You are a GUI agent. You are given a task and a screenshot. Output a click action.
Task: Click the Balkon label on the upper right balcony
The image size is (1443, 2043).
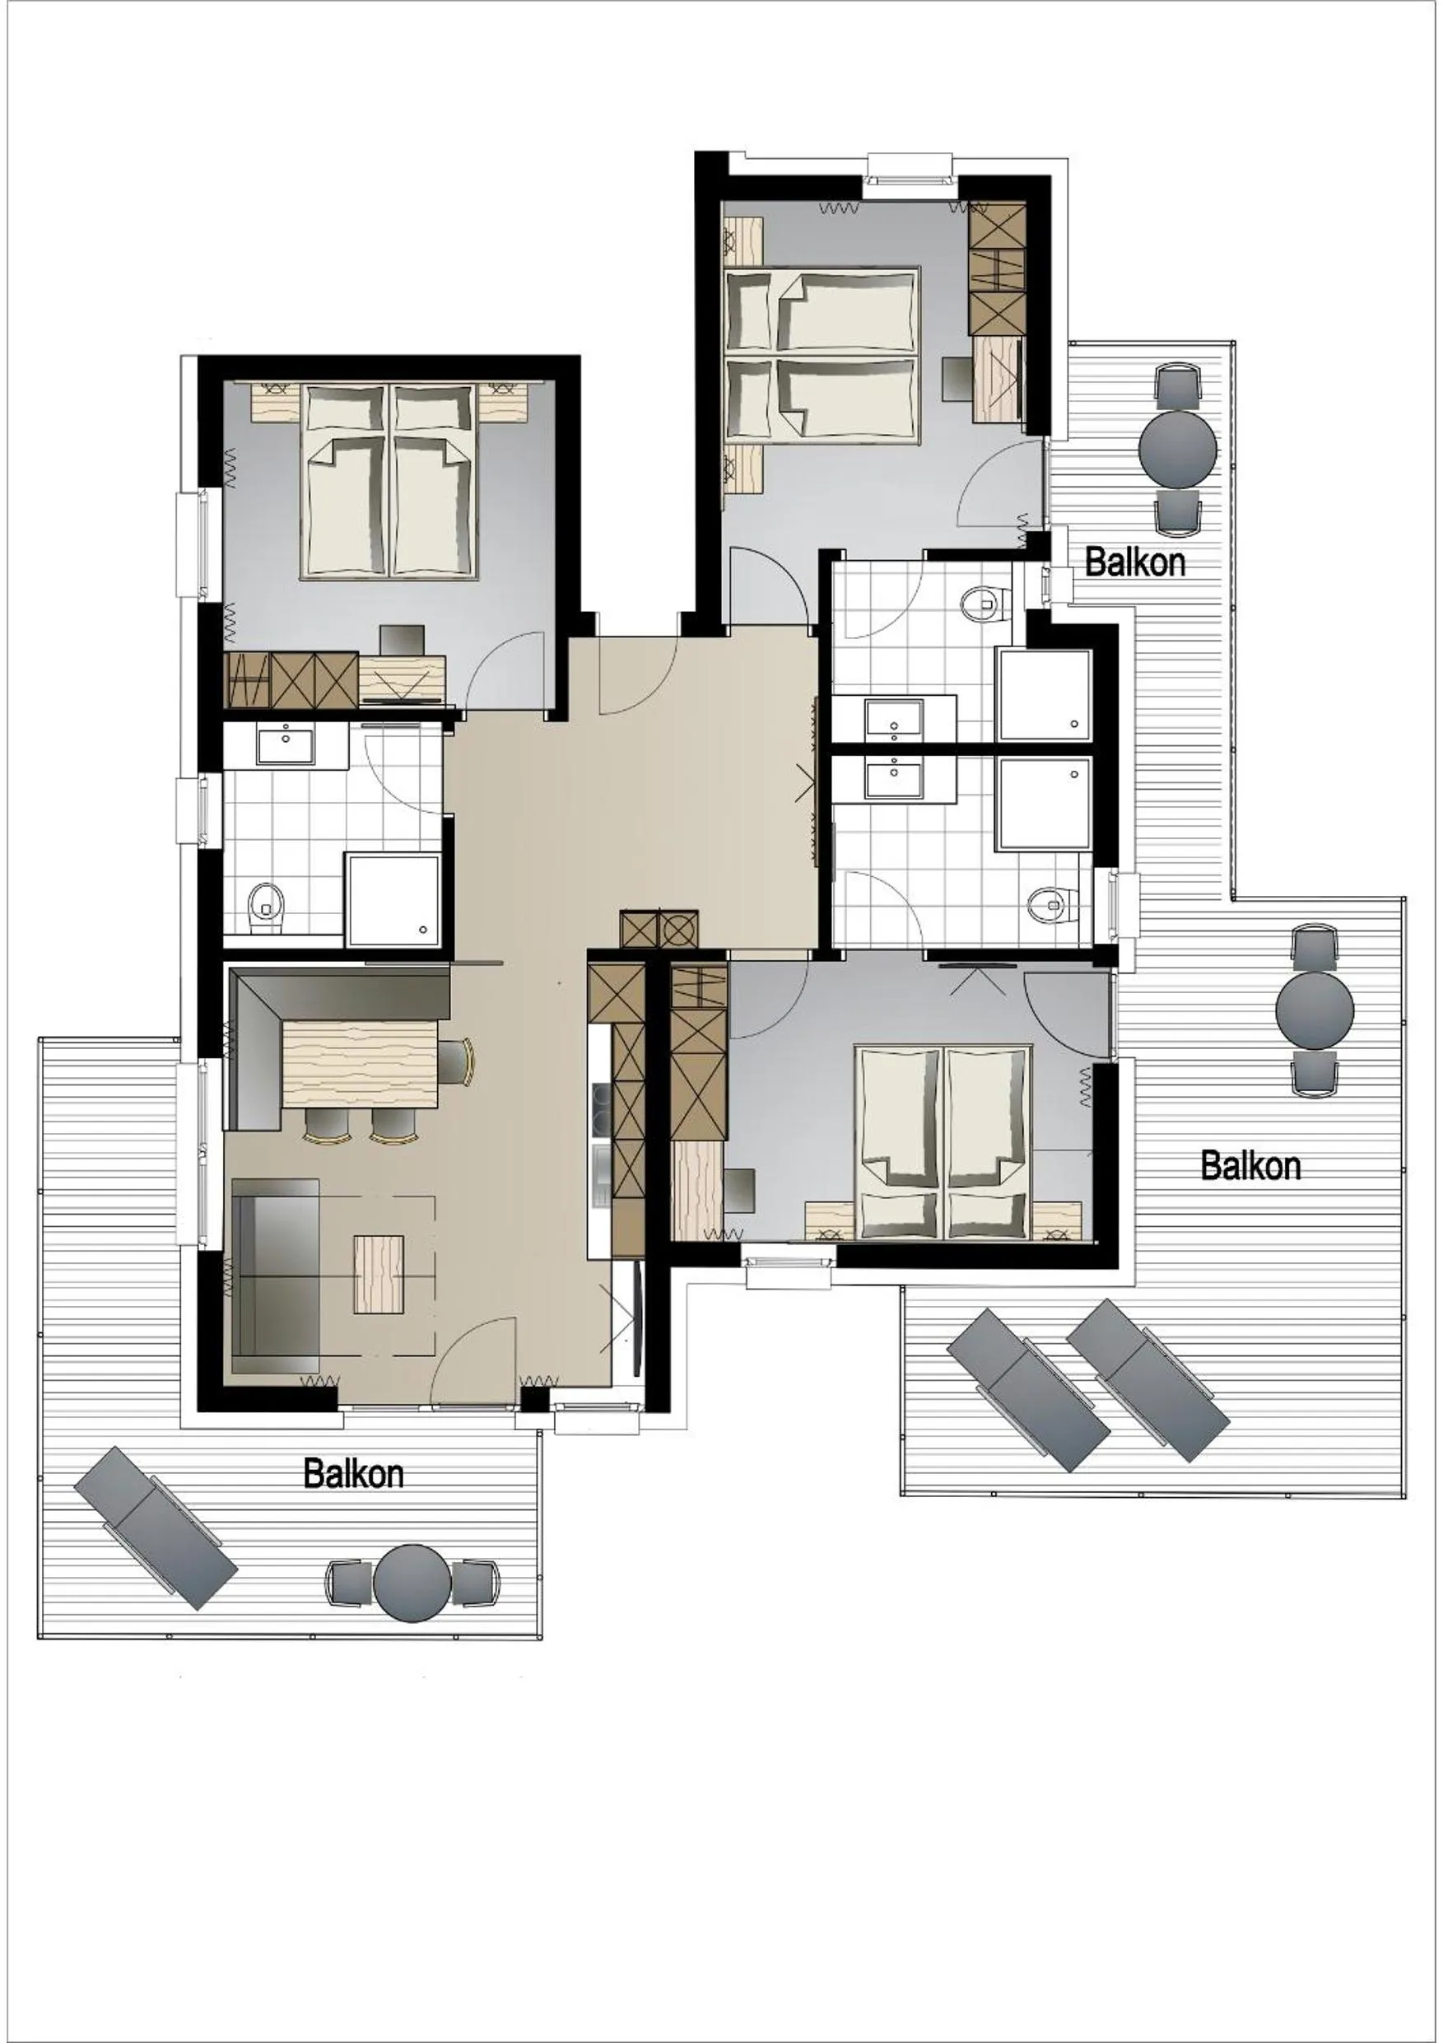1135,562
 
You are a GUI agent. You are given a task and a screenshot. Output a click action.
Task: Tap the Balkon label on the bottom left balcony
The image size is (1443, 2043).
353,1472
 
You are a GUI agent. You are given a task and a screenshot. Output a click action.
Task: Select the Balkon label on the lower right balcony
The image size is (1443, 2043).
1250,1166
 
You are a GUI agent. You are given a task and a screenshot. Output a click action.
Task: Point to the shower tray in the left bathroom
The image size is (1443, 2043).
393,898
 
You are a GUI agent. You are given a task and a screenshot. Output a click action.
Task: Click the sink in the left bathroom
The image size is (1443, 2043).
286,743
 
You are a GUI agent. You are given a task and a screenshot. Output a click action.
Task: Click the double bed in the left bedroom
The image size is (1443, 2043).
388,482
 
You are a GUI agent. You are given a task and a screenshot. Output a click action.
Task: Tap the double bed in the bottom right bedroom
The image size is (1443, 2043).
943,1142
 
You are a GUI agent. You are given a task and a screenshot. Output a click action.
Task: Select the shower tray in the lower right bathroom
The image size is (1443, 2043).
1045,802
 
